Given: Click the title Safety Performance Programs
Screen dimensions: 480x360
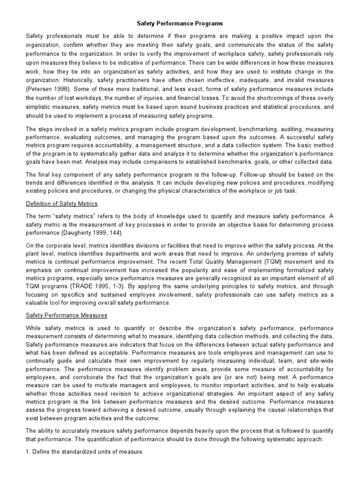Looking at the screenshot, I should [x=180, y=22].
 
